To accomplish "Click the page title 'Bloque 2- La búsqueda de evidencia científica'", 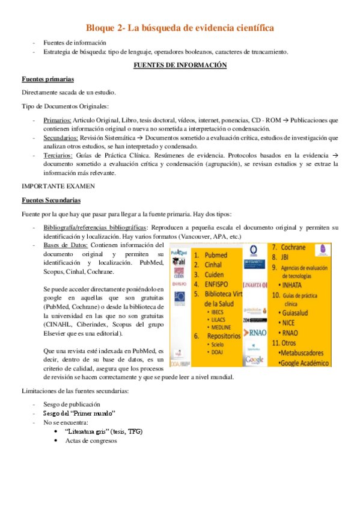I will (x=180, y=28).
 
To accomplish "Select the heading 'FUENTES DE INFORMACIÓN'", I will (x=180, y=65).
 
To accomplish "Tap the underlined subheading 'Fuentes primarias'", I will (x=48, y=79).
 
